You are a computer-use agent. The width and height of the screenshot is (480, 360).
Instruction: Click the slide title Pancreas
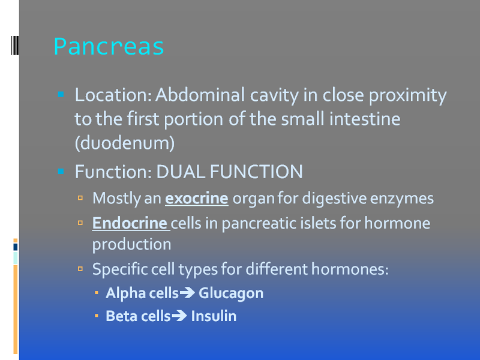tap(109, 47)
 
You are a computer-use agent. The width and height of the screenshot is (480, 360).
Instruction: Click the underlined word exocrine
tap(197, 199)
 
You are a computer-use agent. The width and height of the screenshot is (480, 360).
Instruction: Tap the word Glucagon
tap(231, 293)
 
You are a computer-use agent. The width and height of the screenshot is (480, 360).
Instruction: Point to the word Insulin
tap(214, 316)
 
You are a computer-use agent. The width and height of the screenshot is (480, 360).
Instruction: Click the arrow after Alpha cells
tap(187, 293)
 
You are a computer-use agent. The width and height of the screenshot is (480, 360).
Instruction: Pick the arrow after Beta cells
tap(179, 316)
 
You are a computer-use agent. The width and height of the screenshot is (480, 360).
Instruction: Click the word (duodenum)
tap(125, 143)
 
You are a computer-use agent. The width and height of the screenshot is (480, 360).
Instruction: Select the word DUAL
tap(181, 172)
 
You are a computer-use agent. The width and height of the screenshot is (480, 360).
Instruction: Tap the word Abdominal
tap(200, 95)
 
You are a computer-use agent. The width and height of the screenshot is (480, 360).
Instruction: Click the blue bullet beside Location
tap(61, 94)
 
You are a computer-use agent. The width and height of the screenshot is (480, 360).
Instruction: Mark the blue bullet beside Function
tap(61, 171)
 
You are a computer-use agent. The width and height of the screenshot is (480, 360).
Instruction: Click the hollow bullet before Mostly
tap(80, 198)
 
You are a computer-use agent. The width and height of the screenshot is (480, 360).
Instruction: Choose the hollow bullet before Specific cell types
tap(80, 269)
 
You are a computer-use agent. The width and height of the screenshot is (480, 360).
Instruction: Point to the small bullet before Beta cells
tap(97, 316)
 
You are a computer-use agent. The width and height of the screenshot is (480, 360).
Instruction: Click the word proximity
tap(407, 95)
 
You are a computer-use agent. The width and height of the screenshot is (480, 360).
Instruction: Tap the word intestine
tap(365, 119)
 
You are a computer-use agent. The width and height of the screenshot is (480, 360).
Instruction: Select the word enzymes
tap(401, 199)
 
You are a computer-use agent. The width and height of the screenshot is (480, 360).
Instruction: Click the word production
tap(131, 245)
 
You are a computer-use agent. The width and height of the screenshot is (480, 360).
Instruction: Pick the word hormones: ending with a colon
tap(350, 269)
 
